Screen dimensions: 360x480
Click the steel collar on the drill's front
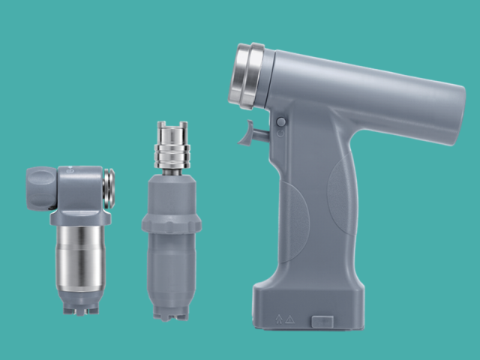pos(248,76)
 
